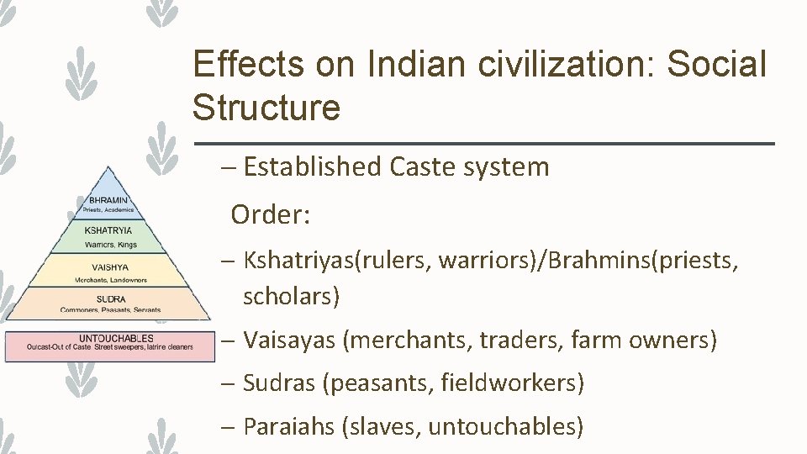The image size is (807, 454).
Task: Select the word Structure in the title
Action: coord(266,108)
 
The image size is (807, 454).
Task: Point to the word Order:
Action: coord(271,214)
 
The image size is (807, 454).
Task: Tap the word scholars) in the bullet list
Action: coord(291,296)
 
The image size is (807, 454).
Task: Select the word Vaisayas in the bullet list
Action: coord(289,340)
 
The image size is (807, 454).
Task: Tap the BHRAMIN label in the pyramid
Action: coord(108,200)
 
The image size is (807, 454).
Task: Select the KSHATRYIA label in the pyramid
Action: coord(108,230)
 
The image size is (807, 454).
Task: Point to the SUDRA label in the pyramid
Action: coord(111,298)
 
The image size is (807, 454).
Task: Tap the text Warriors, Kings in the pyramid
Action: coord(110,245)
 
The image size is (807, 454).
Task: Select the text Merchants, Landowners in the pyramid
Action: coord(110,280)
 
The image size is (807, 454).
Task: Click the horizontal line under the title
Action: coord(483,145)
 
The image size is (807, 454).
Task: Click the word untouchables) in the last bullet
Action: coord(505,426)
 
